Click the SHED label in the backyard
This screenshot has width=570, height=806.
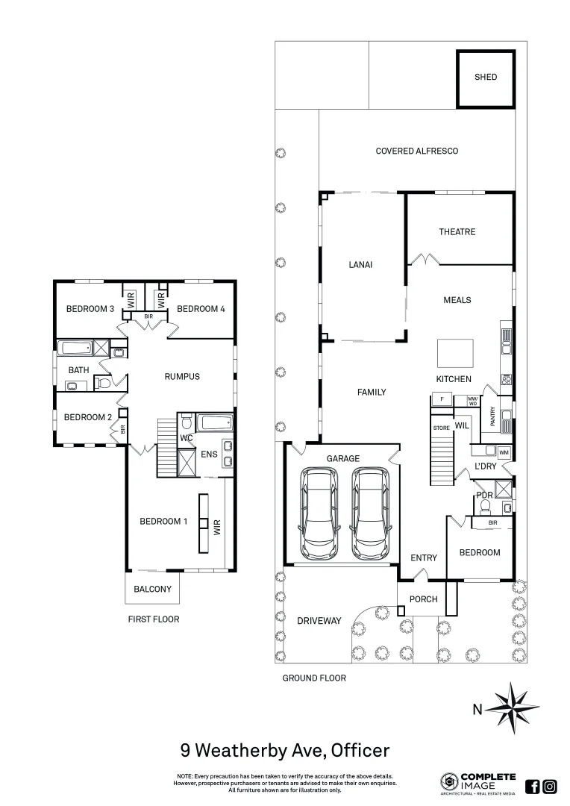click(x=485, y=77)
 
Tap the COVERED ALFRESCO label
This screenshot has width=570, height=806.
click(x=416, y=151)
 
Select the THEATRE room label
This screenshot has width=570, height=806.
click(x=457, y=232)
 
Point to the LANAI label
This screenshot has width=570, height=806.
click(x=360, y=265)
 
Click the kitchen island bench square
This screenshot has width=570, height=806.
click(x=455, y=352)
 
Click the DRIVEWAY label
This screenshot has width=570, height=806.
click(x=319, y=621)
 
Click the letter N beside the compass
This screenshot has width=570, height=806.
click(x=477, y=710)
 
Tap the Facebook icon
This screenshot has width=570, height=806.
click(x=533, y=786)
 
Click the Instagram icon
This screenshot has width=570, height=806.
click(x=550, y=786)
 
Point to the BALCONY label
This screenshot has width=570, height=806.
click(x=152, y=589)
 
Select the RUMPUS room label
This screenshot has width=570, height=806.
click(x=182, y=376)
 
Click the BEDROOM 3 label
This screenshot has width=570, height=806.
click(x=90, y=309)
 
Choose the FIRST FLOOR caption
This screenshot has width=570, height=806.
click(x=153, y=619)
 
